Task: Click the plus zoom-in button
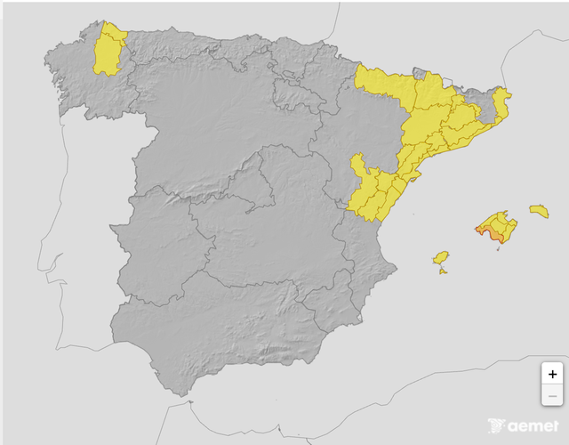[552, 374]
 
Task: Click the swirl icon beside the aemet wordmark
[495, 425]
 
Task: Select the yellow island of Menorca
[539, 211]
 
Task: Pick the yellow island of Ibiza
[439, 258]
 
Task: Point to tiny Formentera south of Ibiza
[443, 271]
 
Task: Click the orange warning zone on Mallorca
[491, 233]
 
